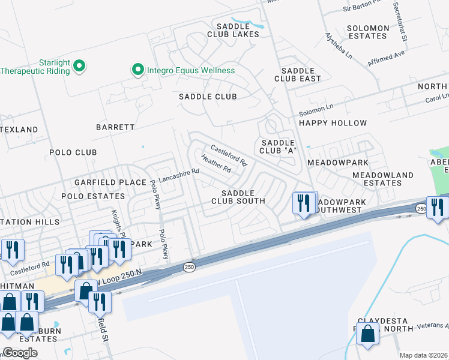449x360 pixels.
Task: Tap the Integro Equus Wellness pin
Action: click(x=137, y=70)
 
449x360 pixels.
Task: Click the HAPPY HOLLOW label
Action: click(x=333, y=123)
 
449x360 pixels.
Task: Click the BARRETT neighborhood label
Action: click(x=115, y=127)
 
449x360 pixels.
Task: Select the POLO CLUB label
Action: click(x=73, y=152)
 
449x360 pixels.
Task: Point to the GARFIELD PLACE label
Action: click(x=110, y=182)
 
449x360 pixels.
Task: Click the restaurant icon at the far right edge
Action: click(x=437, y=208)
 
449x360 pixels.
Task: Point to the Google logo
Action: click(x=20, y=353)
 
